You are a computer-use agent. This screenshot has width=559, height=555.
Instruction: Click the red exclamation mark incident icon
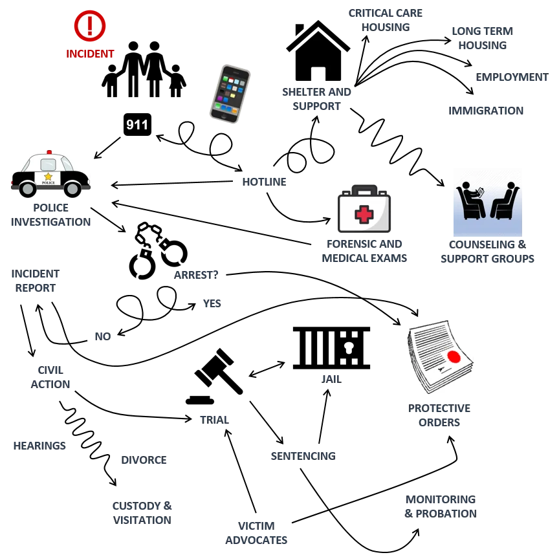click(90, 26)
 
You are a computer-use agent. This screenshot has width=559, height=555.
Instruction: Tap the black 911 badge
click(137, 124)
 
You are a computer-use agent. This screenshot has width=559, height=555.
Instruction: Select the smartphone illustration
click(230, 94)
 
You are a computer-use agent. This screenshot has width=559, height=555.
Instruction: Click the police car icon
click(50, 174)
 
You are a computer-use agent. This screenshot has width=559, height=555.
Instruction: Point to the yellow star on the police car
click(48, 177)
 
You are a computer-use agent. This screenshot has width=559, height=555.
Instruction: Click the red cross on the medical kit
click(364, 214)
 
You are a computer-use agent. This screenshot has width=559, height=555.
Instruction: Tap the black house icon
click(318, 50)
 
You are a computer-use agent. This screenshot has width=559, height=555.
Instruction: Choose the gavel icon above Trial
click(215, 376)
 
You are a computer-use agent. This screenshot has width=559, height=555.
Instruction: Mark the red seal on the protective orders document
click(454, 356)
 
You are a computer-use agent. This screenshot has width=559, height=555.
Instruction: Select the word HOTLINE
click(264, 182)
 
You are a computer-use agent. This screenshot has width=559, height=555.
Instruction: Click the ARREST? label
click(196, 275)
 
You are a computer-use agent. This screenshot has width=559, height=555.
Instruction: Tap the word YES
click(212, 303)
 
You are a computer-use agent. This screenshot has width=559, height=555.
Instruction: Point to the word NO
click(103, 336)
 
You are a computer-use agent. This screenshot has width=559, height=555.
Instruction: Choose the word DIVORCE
click(144, 460)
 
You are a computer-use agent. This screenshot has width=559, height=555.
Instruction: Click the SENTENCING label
click(303, 456)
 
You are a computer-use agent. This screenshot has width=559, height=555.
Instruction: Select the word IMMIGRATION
click(486, 111)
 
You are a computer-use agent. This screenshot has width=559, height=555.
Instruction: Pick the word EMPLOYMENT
click(512, 77)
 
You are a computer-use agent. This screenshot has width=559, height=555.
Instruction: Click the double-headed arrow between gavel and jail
click(267, 369)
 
